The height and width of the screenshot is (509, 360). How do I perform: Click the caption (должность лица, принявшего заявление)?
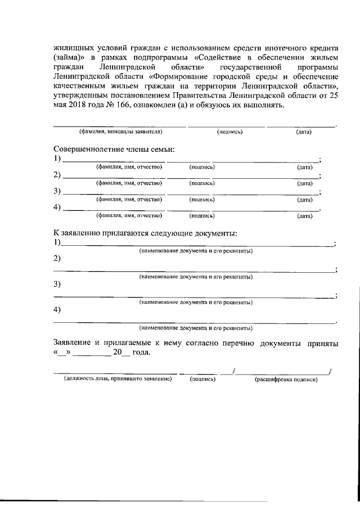coord(118,380)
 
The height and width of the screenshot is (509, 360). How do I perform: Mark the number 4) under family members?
coord(57,207)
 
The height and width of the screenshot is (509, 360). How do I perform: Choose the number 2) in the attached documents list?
coord(57,259)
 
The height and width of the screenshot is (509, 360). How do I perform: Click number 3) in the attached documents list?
coord(57,284)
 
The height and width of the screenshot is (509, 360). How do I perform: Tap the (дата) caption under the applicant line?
coord(304,132)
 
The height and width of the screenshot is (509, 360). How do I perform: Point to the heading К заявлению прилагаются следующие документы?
coord(145,233)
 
